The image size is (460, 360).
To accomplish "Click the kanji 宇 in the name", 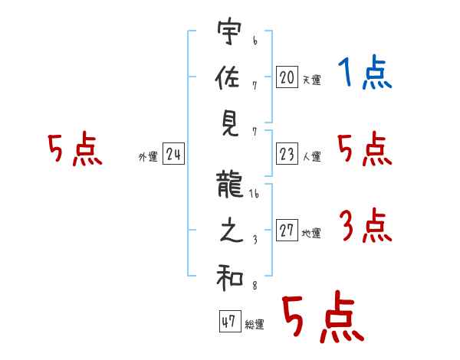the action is pyautogui.click(x=230, y=31).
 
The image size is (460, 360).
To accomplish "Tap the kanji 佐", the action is pyautogui.click(x=228, y=77).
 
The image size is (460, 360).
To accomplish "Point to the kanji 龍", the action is pyautogui.click(x=229, y=185).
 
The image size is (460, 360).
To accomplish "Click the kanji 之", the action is pyautogui.click(x=232, y=230).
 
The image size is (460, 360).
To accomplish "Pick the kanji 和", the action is pyautogui.click(x=230, y=277).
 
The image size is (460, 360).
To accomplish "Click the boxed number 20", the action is pyautogui.click(x=287, y=77).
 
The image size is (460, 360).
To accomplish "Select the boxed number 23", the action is pyautogui.click(x=287, y=153).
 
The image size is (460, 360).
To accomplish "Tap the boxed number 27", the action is pyautogui.click(x=287, y=230).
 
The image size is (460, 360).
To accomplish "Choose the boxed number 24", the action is pyautogui.click(x=173, y=153).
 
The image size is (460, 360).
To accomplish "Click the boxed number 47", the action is pyautogui.click(x=230, y=321).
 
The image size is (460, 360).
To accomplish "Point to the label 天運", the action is pyautogui.click(x=312, y=80).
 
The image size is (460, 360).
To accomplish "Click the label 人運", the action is pyautogui.click(x=312, y=156).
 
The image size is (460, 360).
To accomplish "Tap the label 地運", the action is pyautogui.click(x=311, y=233).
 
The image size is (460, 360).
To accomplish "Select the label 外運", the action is pyautogui.click(x=148, y=157).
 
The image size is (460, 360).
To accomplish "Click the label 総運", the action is pyautogui.click(x=255, y=324).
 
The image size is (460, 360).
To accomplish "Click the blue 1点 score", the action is pyautogui.click(x=365, y=72).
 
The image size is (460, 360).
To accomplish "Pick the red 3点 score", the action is pyautogui.click(x=366, y=225).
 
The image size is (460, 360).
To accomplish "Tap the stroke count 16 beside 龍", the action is pyautogui.click(x=254, y=194).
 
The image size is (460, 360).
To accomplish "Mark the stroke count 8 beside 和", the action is pyautogui.click(x=255, y=286).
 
